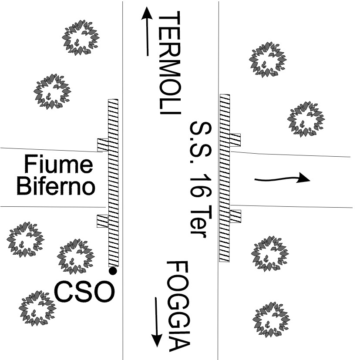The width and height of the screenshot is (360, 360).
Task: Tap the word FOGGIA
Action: pos(178,306)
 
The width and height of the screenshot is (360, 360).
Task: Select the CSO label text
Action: pos(84,292)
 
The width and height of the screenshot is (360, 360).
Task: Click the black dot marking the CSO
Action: pos(113,271)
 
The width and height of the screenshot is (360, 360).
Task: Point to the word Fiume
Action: pos(58,164)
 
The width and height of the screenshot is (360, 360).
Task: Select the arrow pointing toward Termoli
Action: pos(147,31)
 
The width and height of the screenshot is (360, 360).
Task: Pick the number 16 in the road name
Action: pos(201,185)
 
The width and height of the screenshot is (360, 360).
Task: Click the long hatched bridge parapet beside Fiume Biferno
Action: pos(114,183)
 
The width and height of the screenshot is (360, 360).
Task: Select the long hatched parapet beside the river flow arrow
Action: pos(225,178)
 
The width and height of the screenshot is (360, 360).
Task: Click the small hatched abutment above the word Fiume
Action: pos(103,145)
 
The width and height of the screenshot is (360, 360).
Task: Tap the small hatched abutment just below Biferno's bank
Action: pos(102,221)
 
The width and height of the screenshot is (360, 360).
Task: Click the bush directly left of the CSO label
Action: pos(37,308)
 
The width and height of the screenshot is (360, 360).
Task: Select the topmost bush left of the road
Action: pos(81,37)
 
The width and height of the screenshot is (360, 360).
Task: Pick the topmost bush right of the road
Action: pos(268,60)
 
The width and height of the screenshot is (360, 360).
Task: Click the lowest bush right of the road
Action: pos(271,320)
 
